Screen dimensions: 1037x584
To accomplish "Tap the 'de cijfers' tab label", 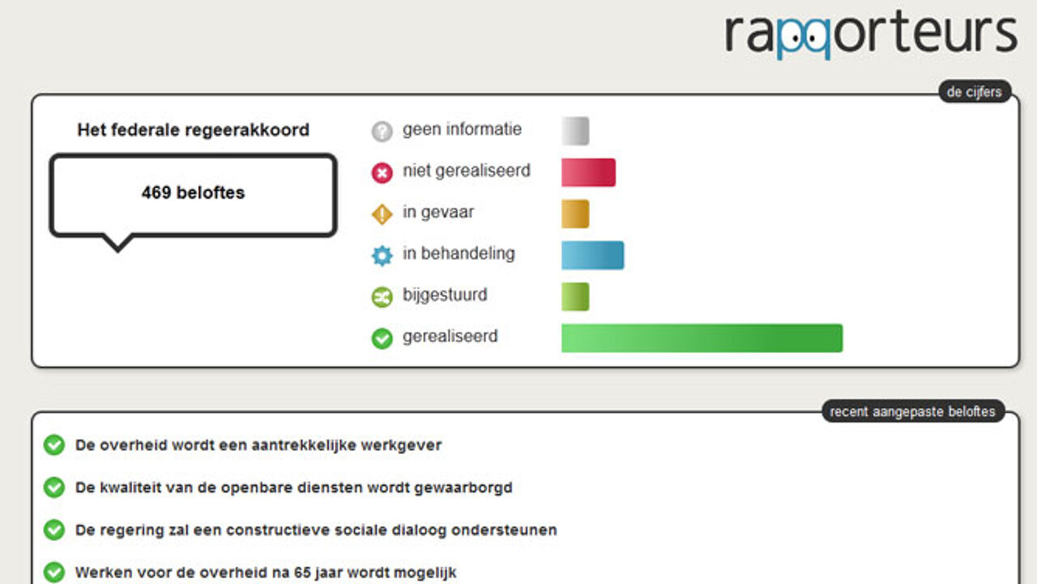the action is coord(974,92).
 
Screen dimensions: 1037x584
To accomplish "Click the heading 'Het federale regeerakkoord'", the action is coord(193,130).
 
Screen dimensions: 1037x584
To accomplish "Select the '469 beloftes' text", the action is coord(193,192).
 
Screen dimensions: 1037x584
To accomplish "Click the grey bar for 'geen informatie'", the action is coord(575,131).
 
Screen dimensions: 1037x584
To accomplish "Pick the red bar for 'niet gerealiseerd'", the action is coord(588,173).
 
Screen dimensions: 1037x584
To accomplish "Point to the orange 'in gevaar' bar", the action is coord(575,213).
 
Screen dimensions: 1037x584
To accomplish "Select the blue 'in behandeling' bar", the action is coord(592,255).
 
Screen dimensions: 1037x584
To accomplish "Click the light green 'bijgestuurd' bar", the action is coord(575,297).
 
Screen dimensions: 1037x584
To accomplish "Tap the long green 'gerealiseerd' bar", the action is coord(702,338).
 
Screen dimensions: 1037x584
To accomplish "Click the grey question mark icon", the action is coord(382,131).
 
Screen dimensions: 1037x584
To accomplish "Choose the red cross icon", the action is coord(382,173).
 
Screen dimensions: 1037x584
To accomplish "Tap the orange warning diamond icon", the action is coord(382,214).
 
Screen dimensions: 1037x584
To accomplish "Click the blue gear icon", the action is coord(382,255).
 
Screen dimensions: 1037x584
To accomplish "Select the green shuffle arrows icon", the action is coord(382,297).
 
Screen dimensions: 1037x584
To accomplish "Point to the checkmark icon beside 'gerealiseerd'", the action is coord(382,338).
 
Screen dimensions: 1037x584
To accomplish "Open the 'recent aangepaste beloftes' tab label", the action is coord(912,411).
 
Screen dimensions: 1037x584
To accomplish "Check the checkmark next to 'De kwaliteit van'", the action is coord(54,487).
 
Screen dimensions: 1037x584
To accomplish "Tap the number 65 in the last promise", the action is coord(302,573).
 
